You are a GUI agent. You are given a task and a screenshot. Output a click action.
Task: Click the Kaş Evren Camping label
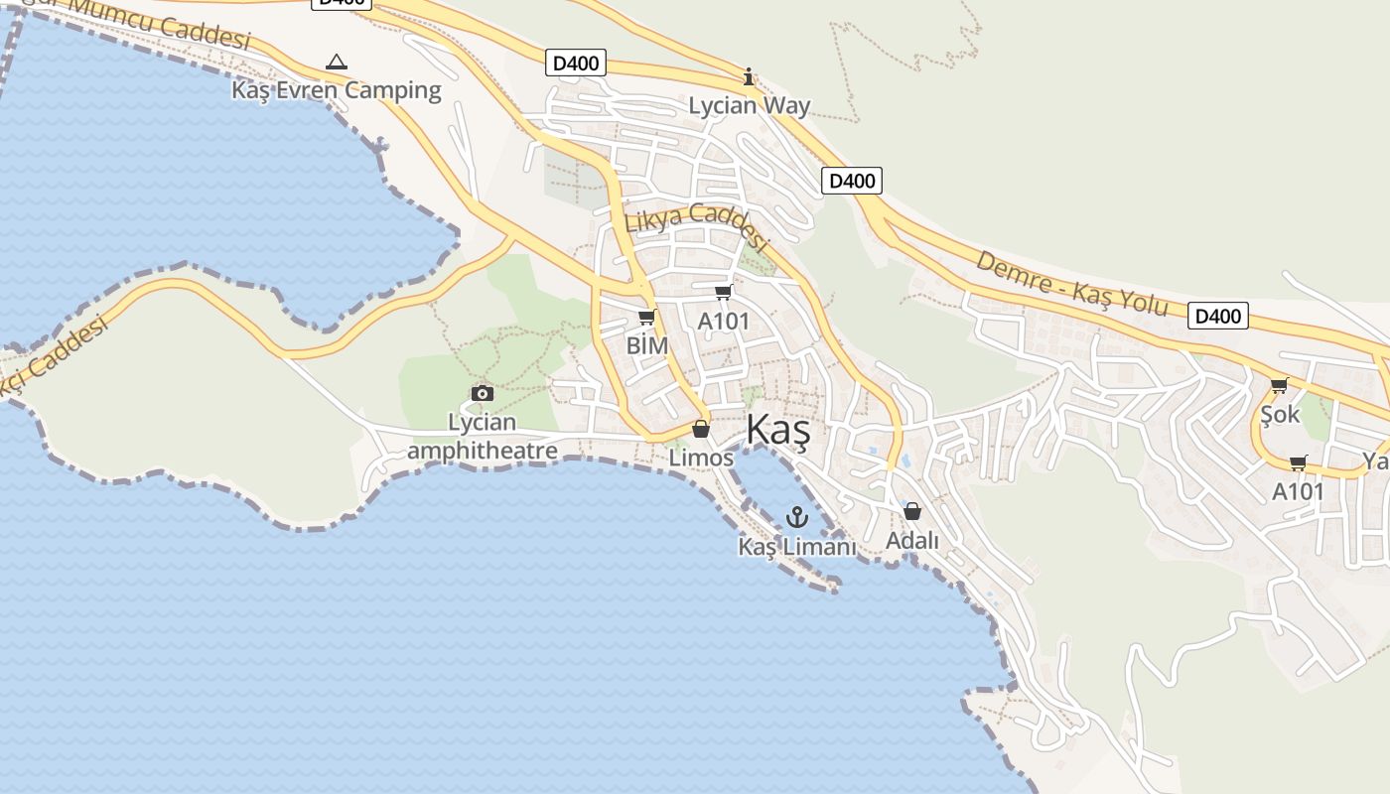(x=337, y=90)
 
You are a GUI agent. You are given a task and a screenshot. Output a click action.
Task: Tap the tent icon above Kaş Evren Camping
(x=337, y=63)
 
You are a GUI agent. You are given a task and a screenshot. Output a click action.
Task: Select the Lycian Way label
(x=750, y=105)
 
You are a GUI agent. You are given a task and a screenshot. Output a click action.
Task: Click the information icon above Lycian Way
(x=749, y=76)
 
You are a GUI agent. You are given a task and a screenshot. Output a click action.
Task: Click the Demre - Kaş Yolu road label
(x=1072, y=282)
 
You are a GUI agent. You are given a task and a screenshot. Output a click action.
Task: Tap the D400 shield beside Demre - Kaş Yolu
(x=1218, y=316)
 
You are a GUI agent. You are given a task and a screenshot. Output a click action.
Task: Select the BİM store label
(x=647, y=345)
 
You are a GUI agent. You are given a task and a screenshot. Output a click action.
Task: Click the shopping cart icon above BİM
(x=647, y=318)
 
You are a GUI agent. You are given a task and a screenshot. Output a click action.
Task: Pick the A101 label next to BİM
(x=724, y=321)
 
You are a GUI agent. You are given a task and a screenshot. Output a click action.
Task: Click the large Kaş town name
(x=777, y=431)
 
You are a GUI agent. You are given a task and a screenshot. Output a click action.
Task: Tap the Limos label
(x=701, y=458)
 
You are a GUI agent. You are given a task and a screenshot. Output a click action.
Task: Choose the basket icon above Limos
(x=701, y=429)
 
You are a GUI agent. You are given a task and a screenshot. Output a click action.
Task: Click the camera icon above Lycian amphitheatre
(x=483, y=393)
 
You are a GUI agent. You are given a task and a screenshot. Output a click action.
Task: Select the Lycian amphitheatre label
(x=483, y=437)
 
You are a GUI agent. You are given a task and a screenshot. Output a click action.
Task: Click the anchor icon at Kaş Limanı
(x=796, y=517)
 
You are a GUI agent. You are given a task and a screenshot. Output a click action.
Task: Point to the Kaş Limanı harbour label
(x=796, y=547)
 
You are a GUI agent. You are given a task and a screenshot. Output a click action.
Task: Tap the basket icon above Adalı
(x=912, y=511)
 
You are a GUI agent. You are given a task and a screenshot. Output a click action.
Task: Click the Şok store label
(x=1280, y=414)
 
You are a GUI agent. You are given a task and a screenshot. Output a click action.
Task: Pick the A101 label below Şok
(x=1299, y=491)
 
